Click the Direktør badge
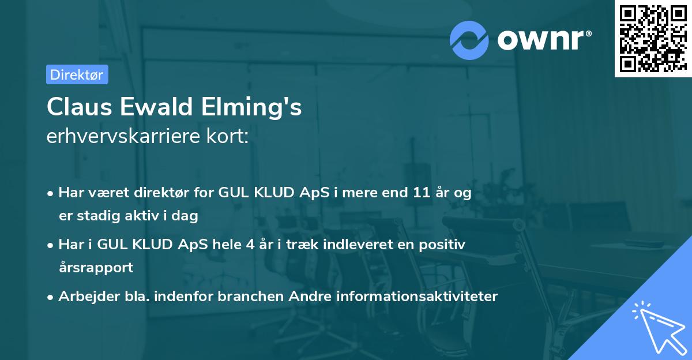pos(77,74)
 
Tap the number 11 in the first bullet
pos(417,193)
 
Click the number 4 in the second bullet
pos(250,244)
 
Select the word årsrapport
pos(96,267)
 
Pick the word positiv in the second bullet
pos(445,244)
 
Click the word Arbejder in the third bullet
pos(84,296)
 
